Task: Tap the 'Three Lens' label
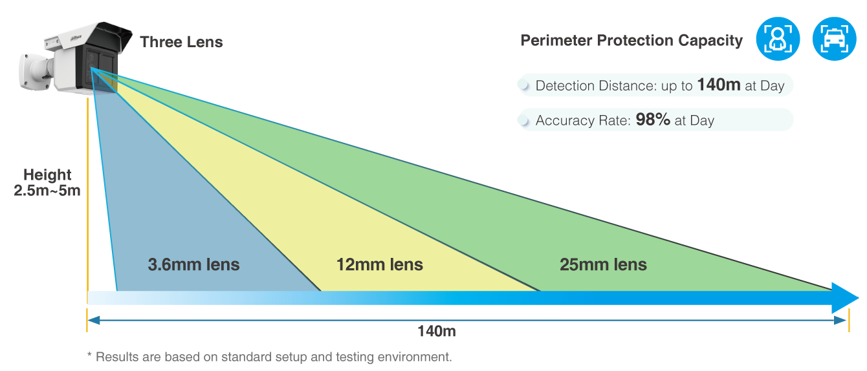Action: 181,43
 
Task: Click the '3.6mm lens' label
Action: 193,264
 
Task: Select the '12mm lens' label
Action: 380,264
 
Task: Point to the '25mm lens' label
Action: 603,264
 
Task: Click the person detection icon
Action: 778,39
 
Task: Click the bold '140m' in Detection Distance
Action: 718,85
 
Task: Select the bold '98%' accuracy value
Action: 652,120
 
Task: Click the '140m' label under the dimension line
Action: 437,332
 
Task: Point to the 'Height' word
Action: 47,175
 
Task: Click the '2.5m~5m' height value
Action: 47,191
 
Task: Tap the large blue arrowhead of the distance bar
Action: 844,297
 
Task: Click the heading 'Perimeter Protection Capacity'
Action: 631,41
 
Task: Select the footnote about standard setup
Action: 269,356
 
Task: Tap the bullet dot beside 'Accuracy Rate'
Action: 527,120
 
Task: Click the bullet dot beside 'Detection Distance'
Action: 527,85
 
